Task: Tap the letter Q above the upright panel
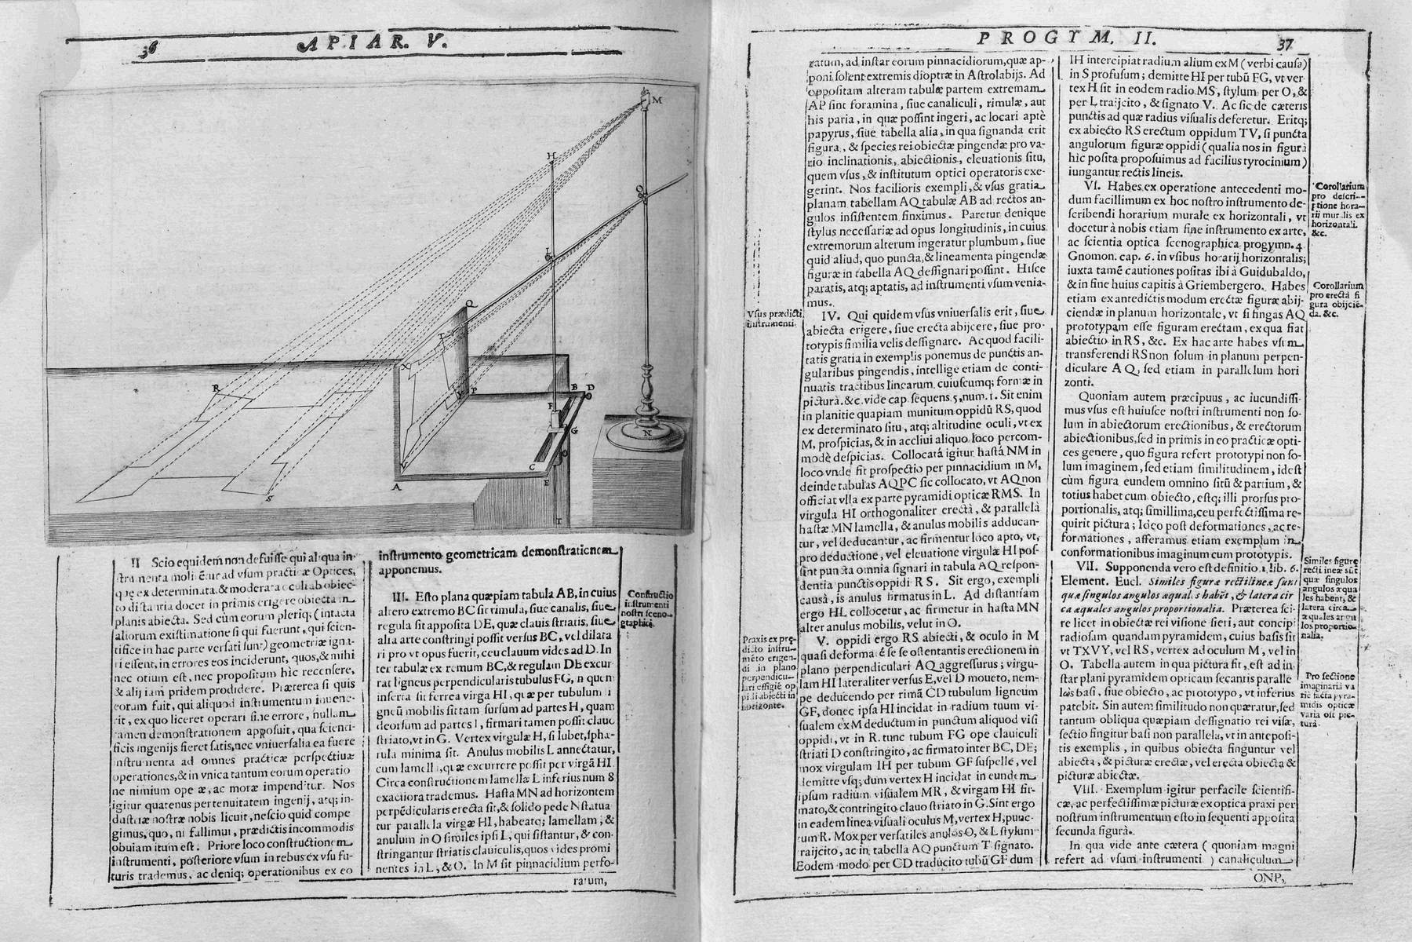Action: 468,301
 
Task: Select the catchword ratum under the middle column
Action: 588,881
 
